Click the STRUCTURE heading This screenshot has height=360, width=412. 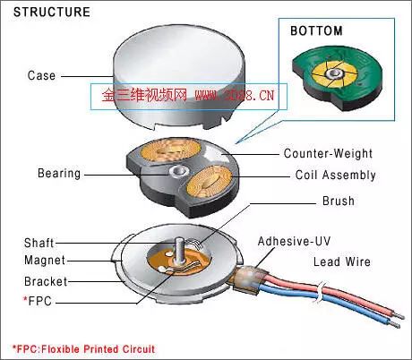(x=52, y=12)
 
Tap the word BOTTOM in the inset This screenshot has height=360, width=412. (x=316, y=31)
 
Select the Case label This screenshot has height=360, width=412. (x=41, y=75)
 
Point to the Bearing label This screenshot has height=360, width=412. (x=59, y=174)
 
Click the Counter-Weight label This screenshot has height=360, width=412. (x=328, y=153)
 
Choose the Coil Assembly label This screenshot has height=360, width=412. (x=336, y=175)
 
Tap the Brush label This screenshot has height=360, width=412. (x=339, y=201)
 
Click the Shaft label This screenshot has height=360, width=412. (x=39, y=243)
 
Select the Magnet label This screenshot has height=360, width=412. (x=45, y=261)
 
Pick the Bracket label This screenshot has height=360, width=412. (x=46, y=281)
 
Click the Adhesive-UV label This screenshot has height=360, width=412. (x=294, y=241)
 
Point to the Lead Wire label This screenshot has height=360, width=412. (x=342, y=261)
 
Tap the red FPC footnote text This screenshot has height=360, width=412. (x=83, y=349)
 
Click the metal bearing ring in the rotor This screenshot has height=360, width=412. (x=178, y=171)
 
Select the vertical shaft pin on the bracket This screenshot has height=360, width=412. (x=179, y=251)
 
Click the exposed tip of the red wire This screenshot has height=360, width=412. (x=399, y=315)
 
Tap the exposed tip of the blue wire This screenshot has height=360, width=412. (x=395, y=325)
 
